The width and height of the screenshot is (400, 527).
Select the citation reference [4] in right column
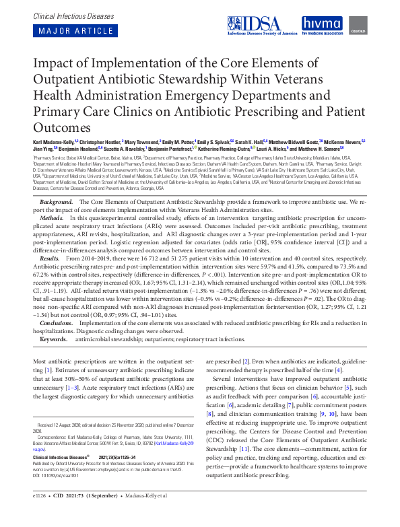[x=339, y=370]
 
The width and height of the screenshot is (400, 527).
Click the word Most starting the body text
[x=40, y=361]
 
